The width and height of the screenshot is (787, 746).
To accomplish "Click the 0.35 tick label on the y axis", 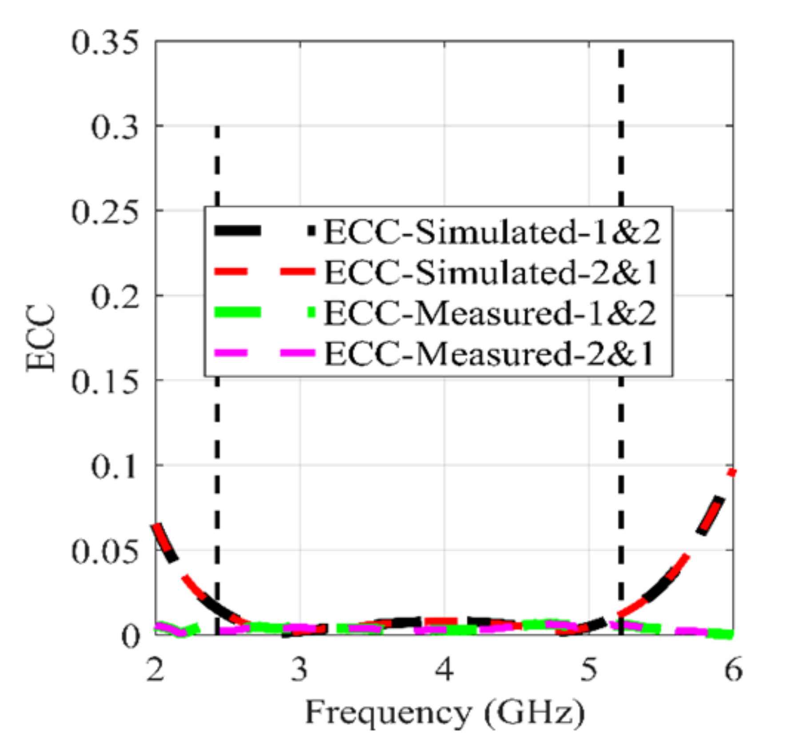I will tap(105, 44).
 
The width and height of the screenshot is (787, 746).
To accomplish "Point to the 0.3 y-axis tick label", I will tap(115, 128).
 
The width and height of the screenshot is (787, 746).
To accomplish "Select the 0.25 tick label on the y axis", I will tap(105, 213).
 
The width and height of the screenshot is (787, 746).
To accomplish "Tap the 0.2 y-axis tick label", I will tap(115, 297).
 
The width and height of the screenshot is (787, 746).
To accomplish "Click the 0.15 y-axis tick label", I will tap(105, 382).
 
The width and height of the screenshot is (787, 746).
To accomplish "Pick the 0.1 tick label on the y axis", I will tap(115, 467).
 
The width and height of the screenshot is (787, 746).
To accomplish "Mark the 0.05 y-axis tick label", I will tap(105, 552).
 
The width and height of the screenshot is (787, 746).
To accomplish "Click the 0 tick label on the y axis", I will tap(131, 636).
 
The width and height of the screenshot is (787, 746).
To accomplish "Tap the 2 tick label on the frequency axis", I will tap(155, 670).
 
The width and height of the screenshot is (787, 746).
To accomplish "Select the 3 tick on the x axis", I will tap(300, 670).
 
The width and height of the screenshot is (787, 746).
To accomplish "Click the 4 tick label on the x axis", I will tap(444, 670).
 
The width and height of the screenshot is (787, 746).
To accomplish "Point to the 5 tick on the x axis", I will tap(588, 670).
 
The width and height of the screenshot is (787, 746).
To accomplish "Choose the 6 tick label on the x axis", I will tap(733, 670).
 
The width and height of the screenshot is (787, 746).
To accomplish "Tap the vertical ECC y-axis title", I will tap(41, 338).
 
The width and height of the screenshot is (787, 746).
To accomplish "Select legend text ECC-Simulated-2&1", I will tap(491, 272).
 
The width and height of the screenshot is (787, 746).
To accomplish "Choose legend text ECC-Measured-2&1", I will tap(489, 354).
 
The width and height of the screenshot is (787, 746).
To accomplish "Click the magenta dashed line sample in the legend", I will tap(265, 354).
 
